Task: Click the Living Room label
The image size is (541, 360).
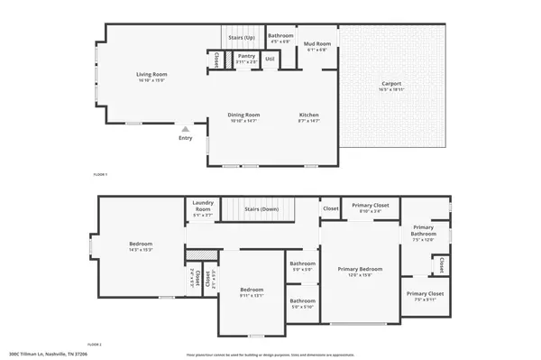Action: [x=151, y=75]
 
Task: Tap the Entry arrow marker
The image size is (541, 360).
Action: [x=185, y=130]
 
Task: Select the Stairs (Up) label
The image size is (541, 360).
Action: [x=241, y=38]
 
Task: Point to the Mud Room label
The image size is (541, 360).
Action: [x=316, y=44]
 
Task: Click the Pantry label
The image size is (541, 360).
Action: [x=246, y=57]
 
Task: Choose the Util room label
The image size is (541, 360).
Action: [x=269, y=59]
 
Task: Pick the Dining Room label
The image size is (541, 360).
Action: [x=243, y=115]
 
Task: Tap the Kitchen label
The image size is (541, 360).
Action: [x=309, y=115]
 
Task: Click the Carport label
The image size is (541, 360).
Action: [x=391, y=85]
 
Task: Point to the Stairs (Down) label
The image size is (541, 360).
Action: [x=262, y=208]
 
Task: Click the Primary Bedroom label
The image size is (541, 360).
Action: [x=360, y=269]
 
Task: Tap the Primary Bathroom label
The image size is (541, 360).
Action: [x=424, y=232]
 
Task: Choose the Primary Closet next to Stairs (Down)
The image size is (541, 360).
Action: [x=370, y=206]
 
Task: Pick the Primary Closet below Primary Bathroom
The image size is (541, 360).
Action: [x=423, y=294]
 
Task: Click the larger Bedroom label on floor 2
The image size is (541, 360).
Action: [x=141, y=245]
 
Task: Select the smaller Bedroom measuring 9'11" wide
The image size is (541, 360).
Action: [x=251, y=291]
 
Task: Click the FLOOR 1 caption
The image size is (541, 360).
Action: [x=101, y=173]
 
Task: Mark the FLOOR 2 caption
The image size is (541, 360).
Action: [x=95, y=345]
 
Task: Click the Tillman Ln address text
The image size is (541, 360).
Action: [x=54, y=354]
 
